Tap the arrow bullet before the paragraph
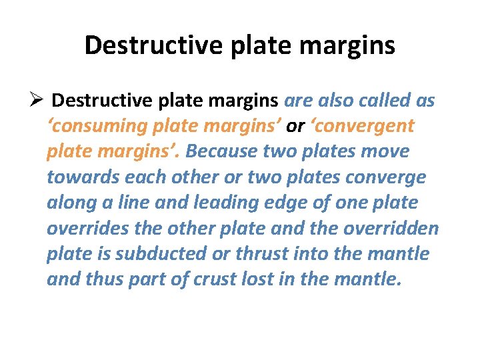[37, 101]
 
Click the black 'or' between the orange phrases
[296, 126]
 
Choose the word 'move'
[387, 151]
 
